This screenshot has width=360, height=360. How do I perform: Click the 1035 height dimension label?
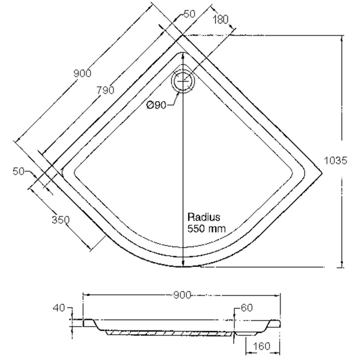click(x=335, y=160)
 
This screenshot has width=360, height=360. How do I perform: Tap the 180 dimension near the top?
click(x=221, y=20)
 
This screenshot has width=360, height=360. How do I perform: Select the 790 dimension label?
click(x=105, y=90)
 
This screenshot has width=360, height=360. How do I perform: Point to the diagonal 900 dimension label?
click(x=83, y=73)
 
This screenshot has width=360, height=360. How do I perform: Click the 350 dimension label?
click(x=60, y=220)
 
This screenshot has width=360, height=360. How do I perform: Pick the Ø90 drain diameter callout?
click(x=157, y=105)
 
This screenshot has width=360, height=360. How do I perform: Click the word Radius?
click(x=204, y=217)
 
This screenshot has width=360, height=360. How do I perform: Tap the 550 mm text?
click(x=207, y=229)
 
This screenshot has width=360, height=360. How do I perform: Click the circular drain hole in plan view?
click(x=183, y=81)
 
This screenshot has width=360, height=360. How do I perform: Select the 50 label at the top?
click(x=189, y=14)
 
